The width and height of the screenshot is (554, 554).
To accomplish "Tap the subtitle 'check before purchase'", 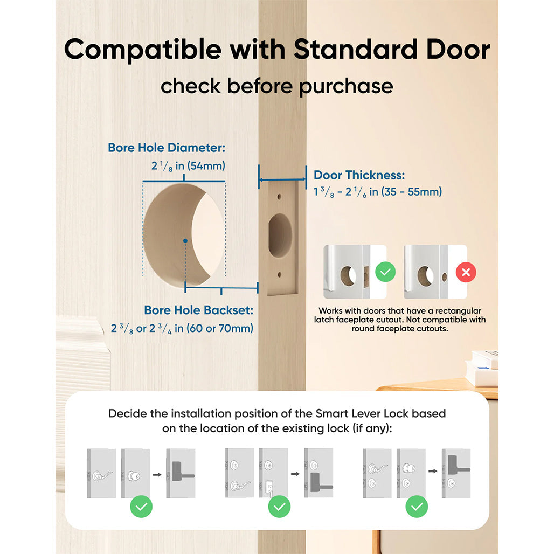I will click(276, 86).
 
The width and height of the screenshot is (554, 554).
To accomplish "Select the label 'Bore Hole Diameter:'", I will click(167, 148).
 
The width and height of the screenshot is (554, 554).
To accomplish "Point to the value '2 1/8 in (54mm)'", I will click(188, 166).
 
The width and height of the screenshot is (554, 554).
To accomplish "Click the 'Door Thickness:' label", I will click(359, 175).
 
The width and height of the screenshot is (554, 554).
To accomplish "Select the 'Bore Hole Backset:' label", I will click(199, 310).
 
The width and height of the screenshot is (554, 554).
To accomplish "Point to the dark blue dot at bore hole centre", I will click(185, 240).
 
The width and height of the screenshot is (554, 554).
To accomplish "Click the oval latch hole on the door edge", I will click(280, 235).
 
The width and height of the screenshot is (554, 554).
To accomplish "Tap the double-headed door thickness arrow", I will click(282, 180).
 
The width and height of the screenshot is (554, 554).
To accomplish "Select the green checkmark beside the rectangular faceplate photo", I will click(385, 272).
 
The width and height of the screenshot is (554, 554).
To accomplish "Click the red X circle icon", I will click(466, 273).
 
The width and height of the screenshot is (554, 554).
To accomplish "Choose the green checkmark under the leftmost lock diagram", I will click(141, 507).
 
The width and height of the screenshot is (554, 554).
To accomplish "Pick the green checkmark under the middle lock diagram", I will click(279, 507).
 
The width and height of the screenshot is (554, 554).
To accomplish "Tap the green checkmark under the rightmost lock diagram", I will click(417, 507).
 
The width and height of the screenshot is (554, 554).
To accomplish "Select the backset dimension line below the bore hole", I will click(221, 289).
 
